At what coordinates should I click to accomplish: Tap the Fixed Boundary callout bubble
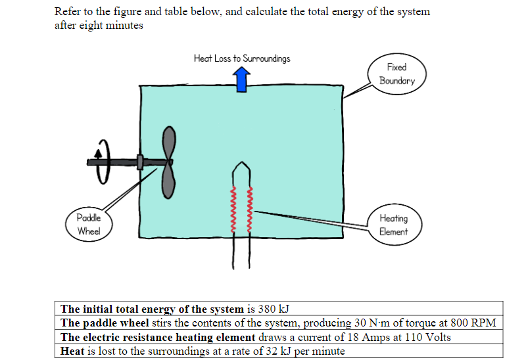pyautogui.click(x=396, y=74)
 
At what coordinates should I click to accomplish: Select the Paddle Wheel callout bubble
pyautogui.click(x=88, y=224)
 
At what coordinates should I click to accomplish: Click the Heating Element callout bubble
pyautogui.click(x=393, y=225)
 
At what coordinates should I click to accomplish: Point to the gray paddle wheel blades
pyautogui.click(x=169, y=162)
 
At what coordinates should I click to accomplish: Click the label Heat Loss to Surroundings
pyautogui.click(x=241, y=58)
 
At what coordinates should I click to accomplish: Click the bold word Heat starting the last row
pyautogui.click(x=72, y=351)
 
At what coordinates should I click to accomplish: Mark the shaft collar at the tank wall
pyautogui.click(x=139, y=162)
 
